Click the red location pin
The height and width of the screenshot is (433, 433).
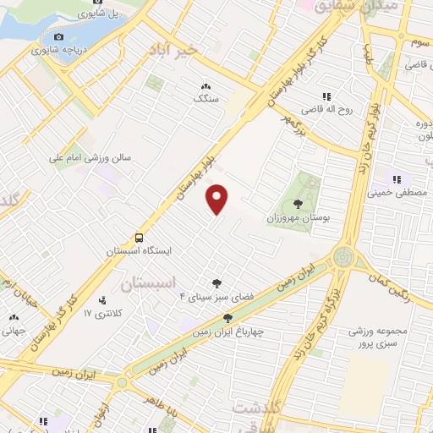point(218,200)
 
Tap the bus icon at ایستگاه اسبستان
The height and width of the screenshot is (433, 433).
point(138,238)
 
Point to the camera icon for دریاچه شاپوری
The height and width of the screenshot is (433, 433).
point(58,36)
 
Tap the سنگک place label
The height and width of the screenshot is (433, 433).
point(205,98)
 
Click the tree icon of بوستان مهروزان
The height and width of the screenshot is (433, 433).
point(297,203)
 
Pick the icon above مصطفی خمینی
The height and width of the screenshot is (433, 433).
point(396,178)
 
